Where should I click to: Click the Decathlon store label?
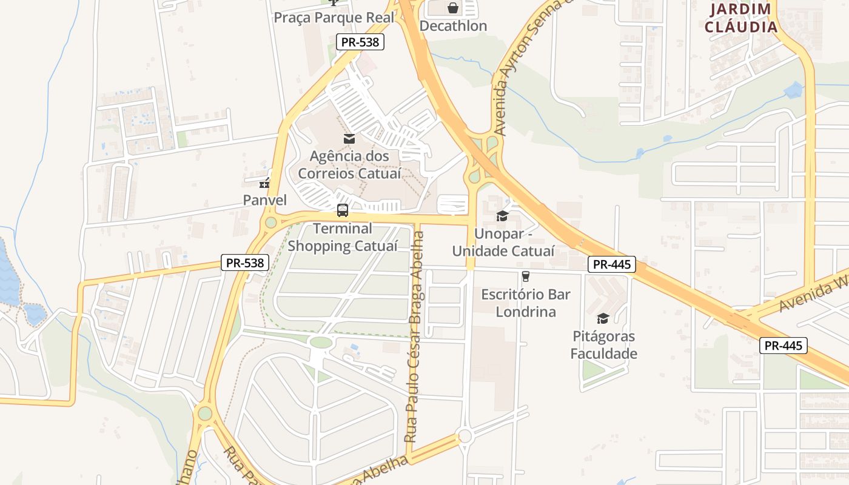pyautogui.click(x=453, y=26)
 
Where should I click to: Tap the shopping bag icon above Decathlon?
pyautogui.click(x=453, y=8)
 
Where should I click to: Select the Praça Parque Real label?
pyautogui.click(x=334, y=17)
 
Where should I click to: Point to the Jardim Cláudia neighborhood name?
pyautogui.click(x=740, y=18)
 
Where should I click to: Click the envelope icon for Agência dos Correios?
pyautogui.click(x=349, y=139)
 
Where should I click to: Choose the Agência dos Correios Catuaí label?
pyautogui.click(x=349, y=165)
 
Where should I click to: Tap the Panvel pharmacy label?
pyautogui.click(x=264, y=199)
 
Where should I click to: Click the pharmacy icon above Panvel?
pyautogui.click(x=264, y=182)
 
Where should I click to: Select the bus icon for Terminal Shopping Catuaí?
pyautogui.click(x=343, y=210)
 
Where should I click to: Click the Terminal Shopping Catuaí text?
pyautogui.click(x=343, y=237)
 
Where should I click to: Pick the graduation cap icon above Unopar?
pyautogui.click(x=503, y=216)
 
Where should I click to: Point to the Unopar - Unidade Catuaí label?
pyautogui.click(x=503, y=242)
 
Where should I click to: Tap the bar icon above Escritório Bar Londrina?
pyautogui.click(x=526, y=276)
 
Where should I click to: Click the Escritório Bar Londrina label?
pyautogui.click(x=526, y=303)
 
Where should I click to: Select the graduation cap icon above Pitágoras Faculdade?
pyautogui.click(x=603, y=318)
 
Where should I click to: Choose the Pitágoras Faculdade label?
pyautogui.click(x=603, y=345)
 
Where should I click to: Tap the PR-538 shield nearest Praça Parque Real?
pyautogui.click(x=360, y=42)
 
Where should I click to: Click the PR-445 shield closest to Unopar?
pyautogui.click(x=611, y=264)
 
